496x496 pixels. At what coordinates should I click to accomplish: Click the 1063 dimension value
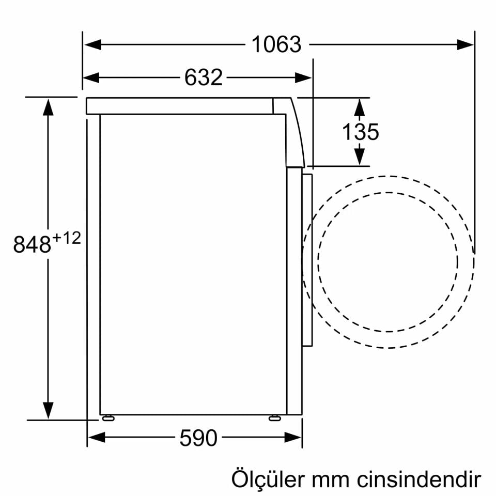276,45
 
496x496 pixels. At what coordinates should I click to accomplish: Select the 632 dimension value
203,78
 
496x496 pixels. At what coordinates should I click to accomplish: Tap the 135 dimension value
360,132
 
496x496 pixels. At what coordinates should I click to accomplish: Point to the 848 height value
32,244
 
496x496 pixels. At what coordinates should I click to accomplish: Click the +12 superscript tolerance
67,238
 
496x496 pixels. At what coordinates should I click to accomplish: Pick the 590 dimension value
198,438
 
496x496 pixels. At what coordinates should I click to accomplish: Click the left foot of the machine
108,418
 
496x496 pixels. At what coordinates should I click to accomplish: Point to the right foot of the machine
275,418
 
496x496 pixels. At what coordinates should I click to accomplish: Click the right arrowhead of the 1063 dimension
465,45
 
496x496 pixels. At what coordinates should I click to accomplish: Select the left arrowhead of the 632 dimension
91,78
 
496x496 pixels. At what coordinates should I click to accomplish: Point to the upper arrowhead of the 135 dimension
360,107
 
